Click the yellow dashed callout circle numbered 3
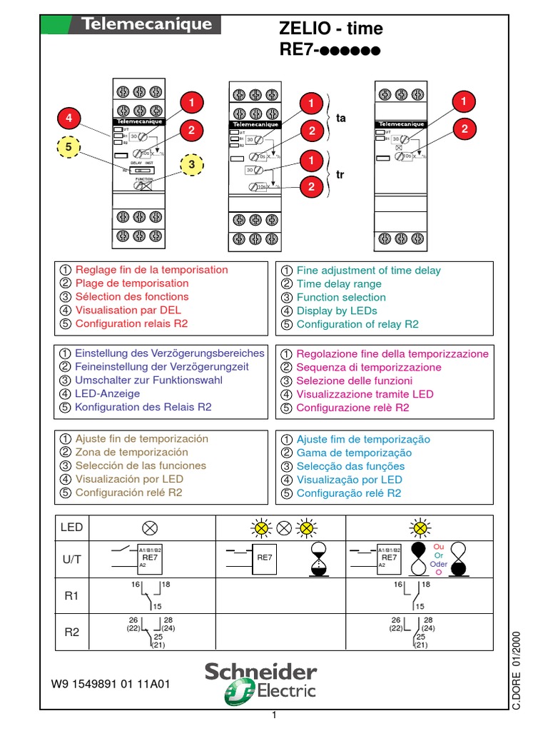tap(191, 165)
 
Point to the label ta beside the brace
tap(340, 119)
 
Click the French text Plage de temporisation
tap(132, 283)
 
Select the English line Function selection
tap(342, 297)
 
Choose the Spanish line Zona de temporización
tap(132, 452)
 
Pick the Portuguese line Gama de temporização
tap(354, 453)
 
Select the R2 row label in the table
tap(71, 632)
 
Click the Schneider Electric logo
tap(260, 680)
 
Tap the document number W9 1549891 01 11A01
tap(111, 683)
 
